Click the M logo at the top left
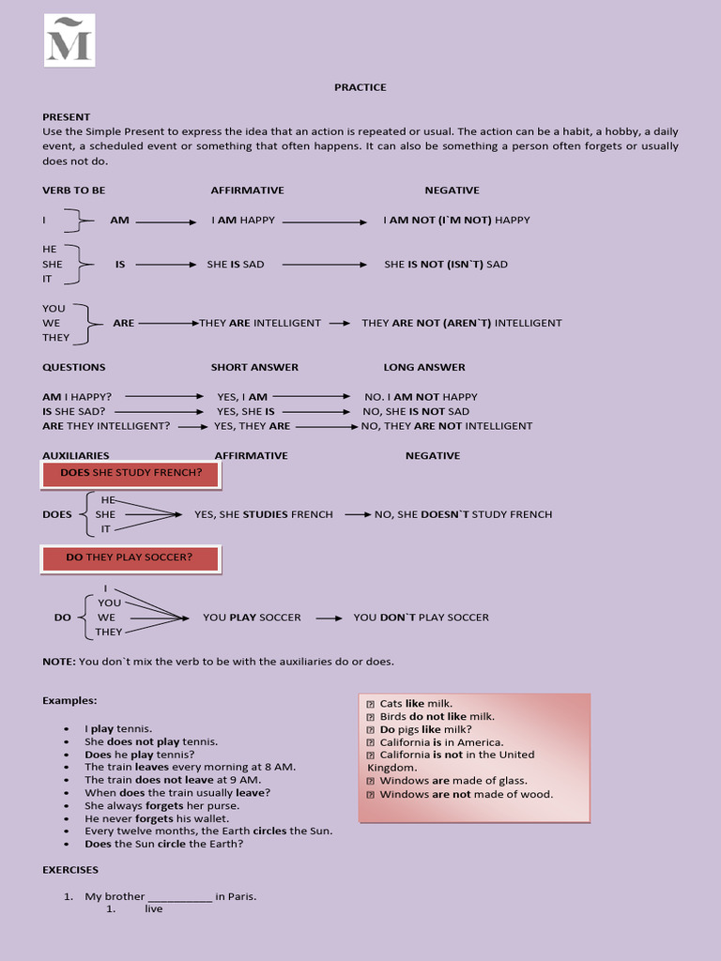click(69, 40)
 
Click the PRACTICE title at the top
click(360, 87)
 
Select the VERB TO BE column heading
click(73, 191)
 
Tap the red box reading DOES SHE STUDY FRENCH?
click(130, 473)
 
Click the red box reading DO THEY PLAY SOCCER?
click(130, 557)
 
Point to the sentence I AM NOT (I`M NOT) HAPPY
click(456, 221)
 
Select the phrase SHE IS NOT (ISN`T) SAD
click(445, 265)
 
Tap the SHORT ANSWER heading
click(254, 367)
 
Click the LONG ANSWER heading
click(423, 367)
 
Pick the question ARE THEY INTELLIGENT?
click(106, 426)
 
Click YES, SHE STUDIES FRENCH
click(263, 514)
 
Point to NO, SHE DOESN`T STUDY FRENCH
click(463, 514)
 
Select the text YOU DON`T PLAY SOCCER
click(421, 618)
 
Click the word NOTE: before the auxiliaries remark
click(58, 662)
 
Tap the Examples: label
click(69, 700)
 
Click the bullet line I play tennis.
click(118, 728)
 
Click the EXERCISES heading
click(70, 870)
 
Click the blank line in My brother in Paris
click(180, 897)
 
